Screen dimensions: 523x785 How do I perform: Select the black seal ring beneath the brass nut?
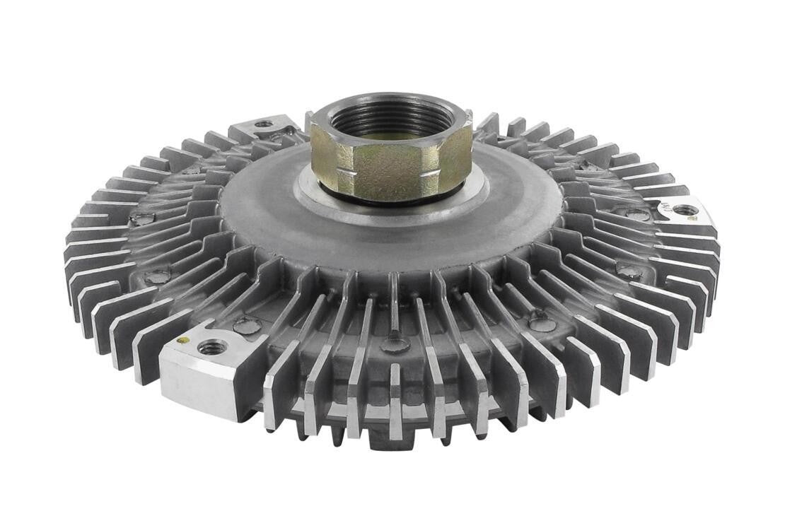(x=393, y=200)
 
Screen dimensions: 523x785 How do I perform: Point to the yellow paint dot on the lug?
(x=182, y=340)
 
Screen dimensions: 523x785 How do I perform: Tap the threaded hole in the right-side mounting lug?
(x=685, y=210)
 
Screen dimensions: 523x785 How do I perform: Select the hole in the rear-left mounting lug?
(x=264, y=124)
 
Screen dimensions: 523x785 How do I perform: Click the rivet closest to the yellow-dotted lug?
(x=246, y=326)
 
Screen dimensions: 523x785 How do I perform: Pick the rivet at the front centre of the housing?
(x=395, y=344)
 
